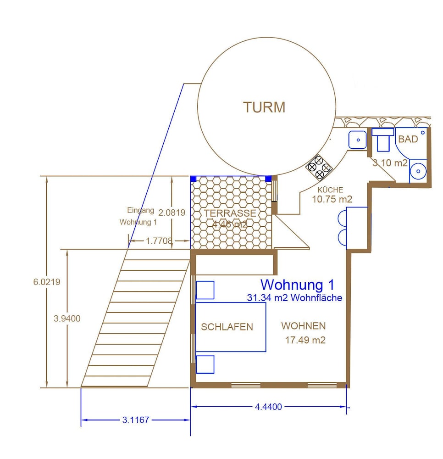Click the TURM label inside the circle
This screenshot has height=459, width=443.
tap(264, 107)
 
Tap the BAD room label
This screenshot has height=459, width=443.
tap(408, 139)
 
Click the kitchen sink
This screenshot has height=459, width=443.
tap(357, 140)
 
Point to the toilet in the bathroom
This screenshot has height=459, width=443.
tap(382, 140)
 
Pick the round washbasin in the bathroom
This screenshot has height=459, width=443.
tap(418, 171)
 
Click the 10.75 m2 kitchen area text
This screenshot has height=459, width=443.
tap(332, 199)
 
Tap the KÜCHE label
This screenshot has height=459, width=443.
tap(330, 190)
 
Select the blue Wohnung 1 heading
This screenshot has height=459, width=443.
tap(297, 285)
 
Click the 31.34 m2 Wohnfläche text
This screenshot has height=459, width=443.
tap(294, 298)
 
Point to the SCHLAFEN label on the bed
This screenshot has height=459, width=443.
tap(227, 327)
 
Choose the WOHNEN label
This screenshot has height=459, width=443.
tap(304, 326)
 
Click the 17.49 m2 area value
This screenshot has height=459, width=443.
tap(305, 341)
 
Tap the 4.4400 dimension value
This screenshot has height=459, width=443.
tap(268, 407)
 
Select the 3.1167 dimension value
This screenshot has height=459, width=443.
tap(135, 420)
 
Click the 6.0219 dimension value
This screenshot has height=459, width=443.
tap(46, 282)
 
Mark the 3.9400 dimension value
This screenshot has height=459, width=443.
tap(67, 319)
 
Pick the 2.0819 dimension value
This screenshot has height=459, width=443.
tap(172, 213)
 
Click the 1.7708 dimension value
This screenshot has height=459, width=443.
tap(159, 241)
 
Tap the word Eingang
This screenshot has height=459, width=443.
tap(140, 210)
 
